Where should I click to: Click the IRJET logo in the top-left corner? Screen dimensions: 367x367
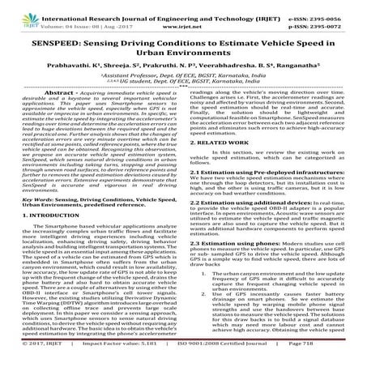pyautogui.click(x=17, y=14)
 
